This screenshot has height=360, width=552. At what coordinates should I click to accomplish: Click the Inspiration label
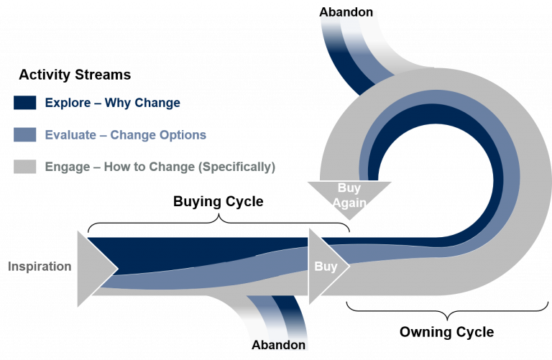pos(40,267)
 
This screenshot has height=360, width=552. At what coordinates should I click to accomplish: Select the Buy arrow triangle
pos(326,267)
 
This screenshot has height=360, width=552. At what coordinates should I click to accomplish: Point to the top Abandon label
pos(346,12)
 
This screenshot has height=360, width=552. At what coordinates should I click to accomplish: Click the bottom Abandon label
pos(278,346)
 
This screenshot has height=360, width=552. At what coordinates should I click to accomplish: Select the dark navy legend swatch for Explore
pos(25,103)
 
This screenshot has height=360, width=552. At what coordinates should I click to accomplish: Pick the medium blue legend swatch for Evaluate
pos(25,135)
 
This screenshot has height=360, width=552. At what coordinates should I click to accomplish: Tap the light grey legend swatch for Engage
pos(25,167)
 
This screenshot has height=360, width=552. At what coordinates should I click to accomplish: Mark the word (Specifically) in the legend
pos(236,167)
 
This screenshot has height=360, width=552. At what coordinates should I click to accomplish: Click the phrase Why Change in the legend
pos(142,103)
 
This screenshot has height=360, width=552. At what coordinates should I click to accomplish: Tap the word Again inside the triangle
pos(349,203)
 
